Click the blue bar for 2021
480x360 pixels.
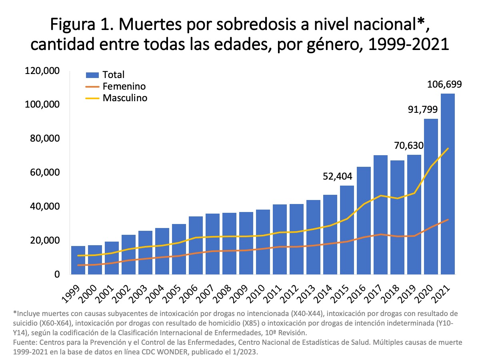point(448,184)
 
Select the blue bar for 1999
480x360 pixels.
point(78,260)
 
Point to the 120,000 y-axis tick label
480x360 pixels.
point(42,71)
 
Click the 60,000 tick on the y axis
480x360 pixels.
point(44,173)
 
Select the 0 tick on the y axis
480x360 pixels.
point(57,275)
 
